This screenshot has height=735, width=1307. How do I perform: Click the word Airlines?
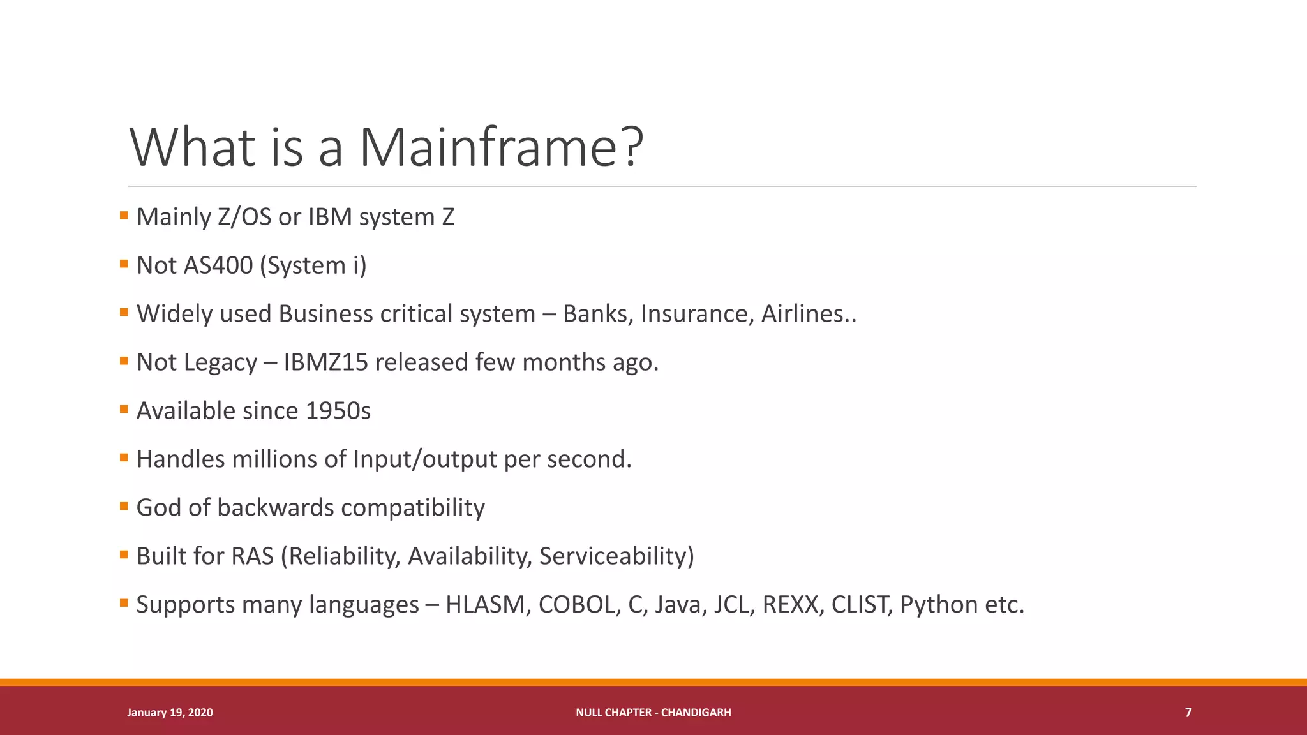coord(802,314)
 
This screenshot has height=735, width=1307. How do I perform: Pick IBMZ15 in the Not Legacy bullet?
coord(325,362)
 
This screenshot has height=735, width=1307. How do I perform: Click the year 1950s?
coord(338,411)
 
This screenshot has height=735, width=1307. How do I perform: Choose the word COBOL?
coord(577,605)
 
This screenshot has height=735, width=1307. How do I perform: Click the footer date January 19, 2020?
coord(170,713)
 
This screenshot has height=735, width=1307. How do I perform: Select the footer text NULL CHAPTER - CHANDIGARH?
coord(653,713)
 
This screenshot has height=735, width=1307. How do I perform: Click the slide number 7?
coord(1188,713)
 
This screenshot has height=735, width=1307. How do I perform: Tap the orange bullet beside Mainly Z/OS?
coord(124,216)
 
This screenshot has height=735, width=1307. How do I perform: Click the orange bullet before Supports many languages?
coord(124,603)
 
